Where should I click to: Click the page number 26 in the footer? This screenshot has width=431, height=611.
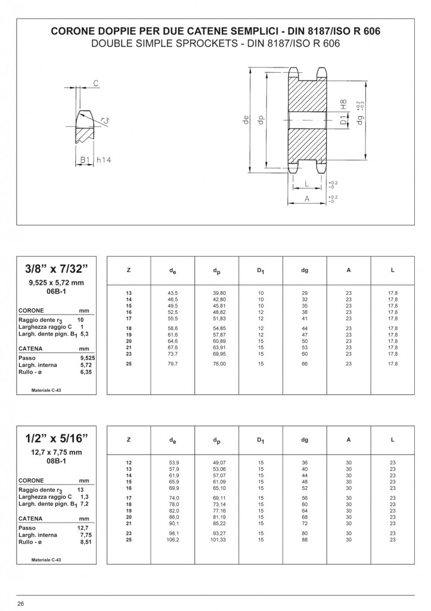(21, 604)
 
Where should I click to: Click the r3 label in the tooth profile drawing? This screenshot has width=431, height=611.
(104, 120)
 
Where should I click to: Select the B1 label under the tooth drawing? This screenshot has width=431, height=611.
(85, 160)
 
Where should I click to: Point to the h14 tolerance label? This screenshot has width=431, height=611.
(104, 160)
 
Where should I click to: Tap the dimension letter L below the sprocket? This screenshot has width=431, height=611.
(307, 184)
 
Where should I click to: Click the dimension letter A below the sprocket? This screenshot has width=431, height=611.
(307, 199)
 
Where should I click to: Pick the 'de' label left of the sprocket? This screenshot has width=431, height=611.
(245, 121)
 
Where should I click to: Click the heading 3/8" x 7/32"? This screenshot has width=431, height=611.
(57, 269)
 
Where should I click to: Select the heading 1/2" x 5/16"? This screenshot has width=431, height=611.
(57, 439)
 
